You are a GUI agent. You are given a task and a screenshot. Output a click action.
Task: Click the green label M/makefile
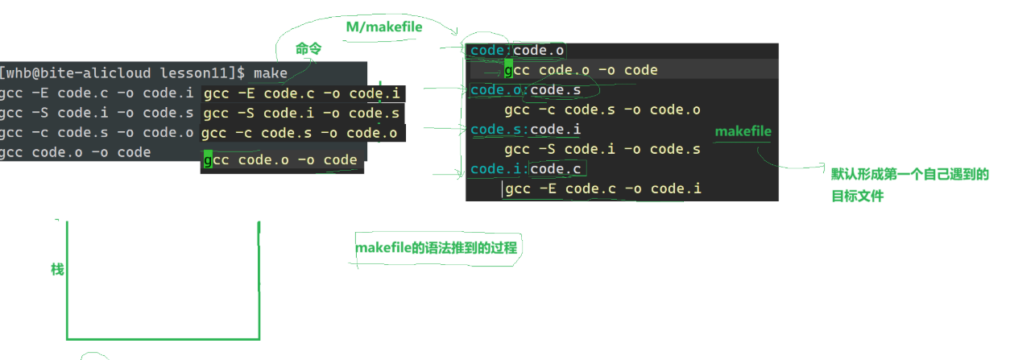(384, 27)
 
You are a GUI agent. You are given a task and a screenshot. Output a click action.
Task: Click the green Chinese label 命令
(308, 49)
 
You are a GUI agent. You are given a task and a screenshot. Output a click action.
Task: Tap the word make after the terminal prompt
(271, 73)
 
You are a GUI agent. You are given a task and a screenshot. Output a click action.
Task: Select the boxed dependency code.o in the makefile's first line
(539, 51)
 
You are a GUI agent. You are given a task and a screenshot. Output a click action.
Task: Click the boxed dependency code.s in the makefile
(555, 90)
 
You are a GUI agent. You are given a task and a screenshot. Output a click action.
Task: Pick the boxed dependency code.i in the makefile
(555, 130)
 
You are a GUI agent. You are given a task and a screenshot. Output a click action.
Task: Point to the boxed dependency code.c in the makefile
(555, 169)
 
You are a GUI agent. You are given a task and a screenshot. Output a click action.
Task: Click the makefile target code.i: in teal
(499, 169)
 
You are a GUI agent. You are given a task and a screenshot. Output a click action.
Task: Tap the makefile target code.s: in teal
(499, 130)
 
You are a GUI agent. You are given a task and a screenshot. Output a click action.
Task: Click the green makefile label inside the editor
(743, 131)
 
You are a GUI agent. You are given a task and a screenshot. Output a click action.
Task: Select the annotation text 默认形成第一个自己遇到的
(909, 175)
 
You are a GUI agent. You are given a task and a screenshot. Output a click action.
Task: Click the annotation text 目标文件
(857, 195)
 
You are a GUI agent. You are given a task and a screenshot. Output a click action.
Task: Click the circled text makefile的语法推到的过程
(436, 248)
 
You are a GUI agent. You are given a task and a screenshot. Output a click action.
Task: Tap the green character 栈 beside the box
(57, 270)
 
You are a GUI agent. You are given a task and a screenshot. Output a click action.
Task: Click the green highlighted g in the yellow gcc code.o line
(208, 159)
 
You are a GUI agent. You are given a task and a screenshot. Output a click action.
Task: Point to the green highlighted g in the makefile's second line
(508, 70)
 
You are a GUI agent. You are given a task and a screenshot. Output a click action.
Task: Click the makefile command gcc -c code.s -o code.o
(602, 110)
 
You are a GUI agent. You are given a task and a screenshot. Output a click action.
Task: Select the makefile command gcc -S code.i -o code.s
(602, 149)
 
